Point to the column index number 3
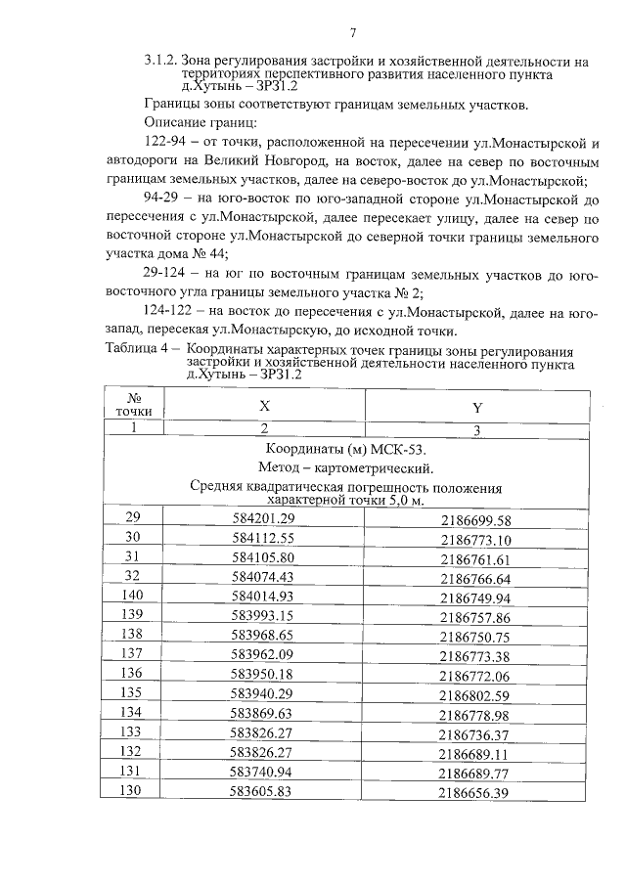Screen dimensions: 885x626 coord(476,429)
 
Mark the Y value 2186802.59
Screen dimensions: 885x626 coord(475,695)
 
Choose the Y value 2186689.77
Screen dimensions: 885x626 coord(475,774)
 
